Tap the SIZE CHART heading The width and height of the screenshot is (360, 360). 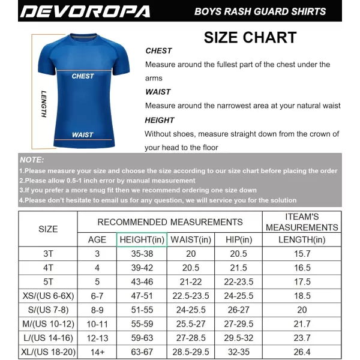(250, 37)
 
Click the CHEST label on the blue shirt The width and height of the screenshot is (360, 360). (83, 76)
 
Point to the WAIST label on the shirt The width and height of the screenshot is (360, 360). (82, 135)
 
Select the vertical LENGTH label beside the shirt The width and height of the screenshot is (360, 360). (44, 104)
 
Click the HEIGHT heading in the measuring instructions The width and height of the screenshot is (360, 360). (160, 120)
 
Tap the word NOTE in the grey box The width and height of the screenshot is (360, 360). (32, 160)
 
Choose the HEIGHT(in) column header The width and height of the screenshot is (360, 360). (142, 240)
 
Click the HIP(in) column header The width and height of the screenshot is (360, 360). (238, 240)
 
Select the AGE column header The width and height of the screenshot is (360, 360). (97, 240)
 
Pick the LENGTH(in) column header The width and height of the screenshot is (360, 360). (302, 240)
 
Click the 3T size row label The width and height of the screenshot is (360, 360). (48, 254)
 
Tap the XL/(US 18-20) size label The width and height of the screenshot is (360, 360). (48, 352)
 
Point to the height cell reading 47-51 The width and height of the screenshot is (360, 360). (142, 296)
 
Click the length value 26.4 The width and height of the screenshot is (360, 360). (302, 352)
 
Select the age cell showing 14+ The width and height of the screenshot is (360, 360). (97, 352)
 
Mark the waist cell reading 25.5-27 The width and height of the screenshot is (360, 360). (190, 324)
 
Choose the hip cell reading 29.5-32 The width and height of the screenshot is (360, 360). (238, 338)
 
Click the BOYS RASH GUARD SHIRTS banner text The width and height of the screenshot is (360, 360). (260, 11)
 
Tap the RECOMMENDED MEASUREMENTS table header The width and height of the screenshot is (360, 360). (170, 222)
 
